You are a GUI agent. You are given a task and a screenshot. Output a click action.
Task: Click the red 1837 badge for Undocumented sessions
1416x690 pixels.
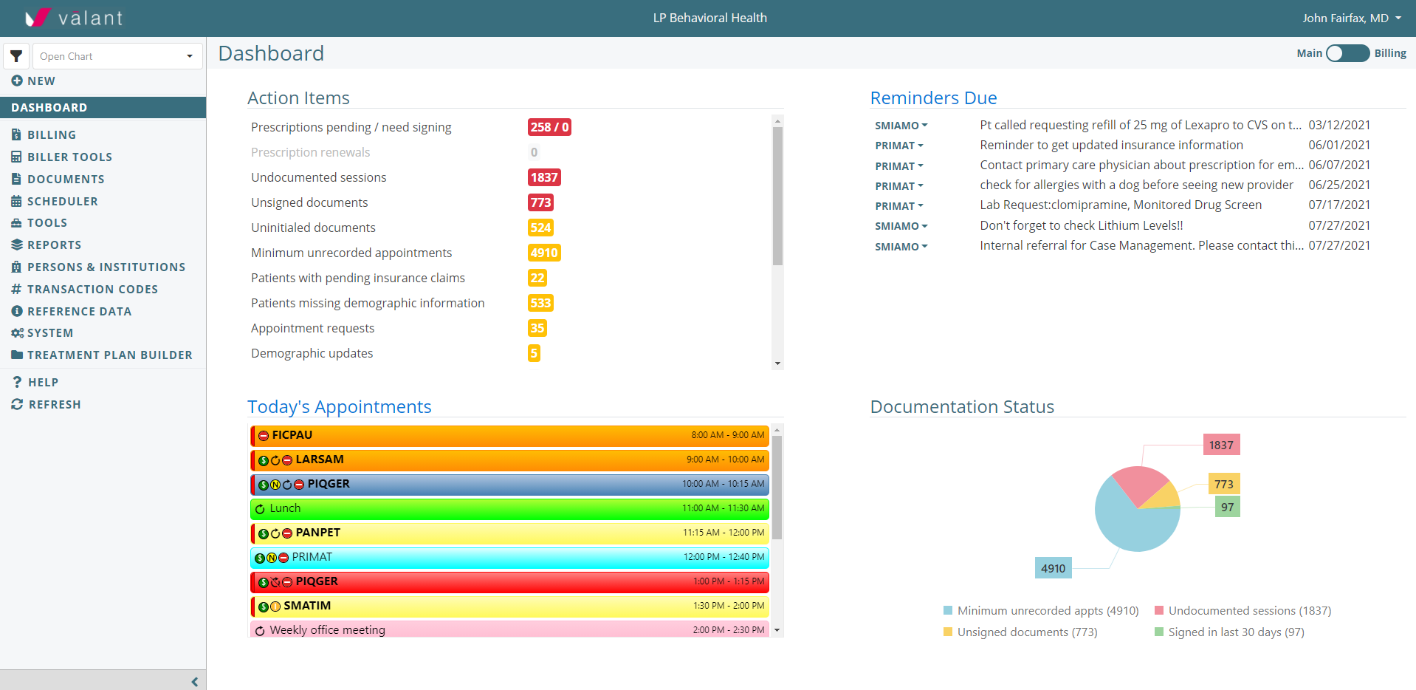click(x=544, y=177)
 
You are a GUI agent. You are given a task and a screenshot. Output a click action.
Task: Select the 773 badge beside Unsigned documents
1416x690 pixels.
click(x=540, y=202)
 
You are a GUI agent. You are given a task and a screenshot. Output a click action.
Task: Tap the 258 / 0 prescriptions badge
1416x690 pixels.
click(x=549, y=127)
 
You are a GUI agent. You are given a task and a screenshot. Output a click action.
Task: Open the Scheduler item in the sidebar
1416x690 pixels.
click(x=62, y=201)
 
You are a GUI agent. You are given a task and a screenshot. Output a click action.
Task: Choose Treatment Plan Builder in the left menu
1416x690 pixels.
click(x=109, y=355)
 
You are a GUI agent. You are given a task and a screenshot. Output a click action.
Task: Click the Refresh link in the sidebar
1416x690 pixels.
click(x=54, y=404)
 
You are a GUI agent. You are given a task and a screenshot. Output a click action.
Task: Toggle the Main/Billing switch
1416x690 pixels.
click(x=1347, y=53)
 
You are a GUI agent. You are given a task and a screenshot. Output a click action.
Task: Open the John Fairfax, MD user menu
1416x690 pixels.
click(x=1351, y=18)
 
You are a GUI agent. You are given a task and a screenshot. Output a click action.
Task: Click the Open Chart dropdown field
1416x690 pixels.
click(x=117, y=56)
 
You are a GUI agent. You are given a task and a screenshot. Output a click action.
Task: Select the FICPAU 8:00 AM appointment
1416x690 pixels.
click(x=509, y=435)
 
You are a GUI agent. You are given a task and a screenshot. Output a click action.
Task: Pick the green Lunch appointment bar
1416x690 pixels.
click(x=509, y=508)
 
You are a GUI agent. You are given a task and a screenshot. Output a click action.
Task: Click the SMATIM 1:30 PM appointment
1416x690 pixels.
click(x=509, y=606)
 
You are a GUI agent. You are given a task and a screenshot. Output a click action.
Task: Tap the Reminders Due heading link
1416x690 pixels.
click(x=933, y=98)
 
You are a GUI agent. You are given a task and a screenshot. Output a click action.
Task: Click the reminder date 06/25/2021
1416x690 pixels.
click(x=1339, y=185)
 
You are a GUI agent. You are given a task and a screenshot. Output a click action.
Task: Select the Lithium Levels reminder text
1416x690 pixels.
click(x=1081, y=225)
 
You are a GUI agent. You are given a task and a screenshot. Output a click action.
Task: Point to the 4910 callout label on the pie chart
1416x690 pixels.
click(x=1053, y=568)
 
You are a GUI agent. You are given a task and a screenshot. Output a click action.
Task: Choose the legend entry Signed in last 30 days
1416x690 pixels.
click(x=1235, y=632)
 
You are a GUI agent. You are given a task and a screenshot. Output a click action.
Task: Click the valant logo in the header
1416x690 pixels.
click(x=74, y=18)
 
